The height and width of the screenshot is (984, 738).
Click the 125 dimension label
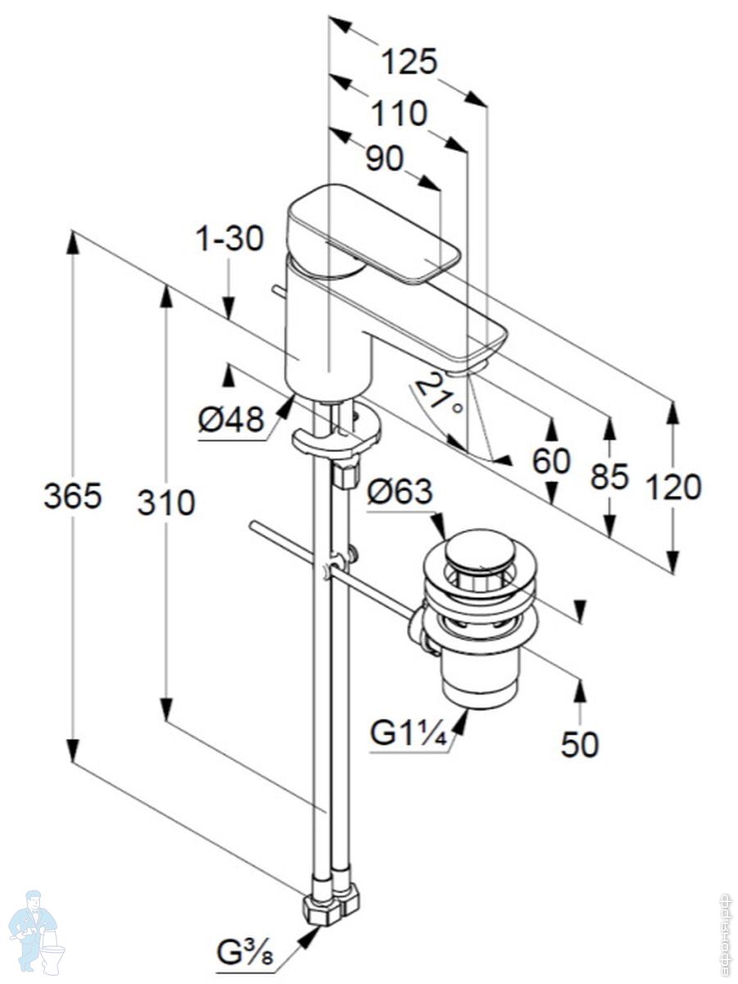point(409,61)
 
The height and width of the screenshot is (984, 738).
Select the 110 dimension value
point(399,113)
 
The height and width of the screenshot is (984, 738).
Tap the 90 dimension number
point(385,159)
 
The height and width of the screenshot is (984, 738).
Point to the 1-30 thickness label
point(229,239)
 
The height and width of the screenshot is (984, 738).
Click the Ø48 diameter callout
point(231,421)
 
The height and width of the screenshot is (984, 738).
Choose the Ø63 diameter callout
point(399,492)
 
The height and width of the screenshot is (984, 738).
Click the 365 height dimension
point(72,496)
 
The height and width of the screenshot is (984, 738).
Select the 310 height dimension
point(166,502)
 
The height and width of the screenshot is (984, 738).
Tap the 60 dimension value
point(551,462)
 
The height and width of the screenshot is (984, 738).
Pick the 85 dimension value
point(609,476)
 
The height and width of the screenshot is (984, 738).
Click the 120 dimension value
point(673,487)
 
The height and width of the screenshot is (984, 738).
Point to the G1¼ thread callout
point(408,732)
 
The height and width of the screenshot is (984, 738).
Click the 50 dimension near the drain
point(580,744)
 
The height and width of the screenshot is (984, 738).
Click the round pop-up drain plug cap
point(480,547)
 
